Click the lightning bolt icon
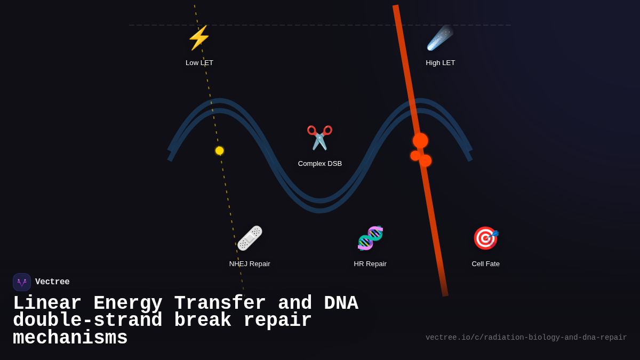pos(199,38)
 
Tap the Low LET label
pos(199,63)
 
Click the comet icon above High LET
pos(440,38)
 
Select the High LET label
pos(441,63)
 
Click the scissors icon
pos(319,138)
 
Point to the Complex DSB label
pos(320,164)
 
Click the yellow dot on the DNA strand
pos(219,151)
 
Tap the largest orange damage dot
pos(420,141)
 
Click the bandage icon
pos(250,238)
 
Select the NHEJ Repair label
pos(250,264)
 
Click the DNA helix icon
pos(370,238)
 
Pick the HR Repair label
pos(370,264)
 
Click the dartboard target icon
pos(485,238)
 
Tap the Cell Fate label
pos(486,264)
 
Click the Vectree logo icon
pos(22,282)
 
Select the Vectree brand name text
pos(52,282)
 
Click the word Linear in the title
pos(47,303)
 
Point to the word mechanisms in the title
pos(70,338)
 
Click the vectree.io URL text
pos(526,338)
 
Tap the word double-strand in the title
pos(87,321)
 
